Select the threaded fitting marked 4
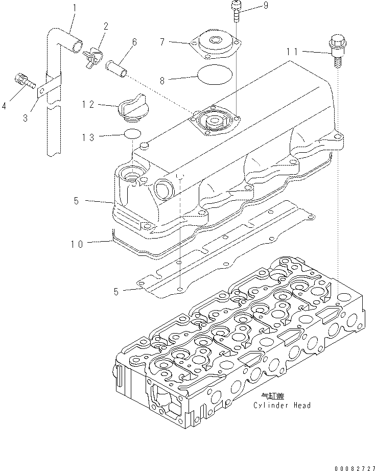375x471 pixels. click(x=23, y=80)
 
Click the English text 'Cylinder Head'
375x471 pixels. click(x=282, y=405)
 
